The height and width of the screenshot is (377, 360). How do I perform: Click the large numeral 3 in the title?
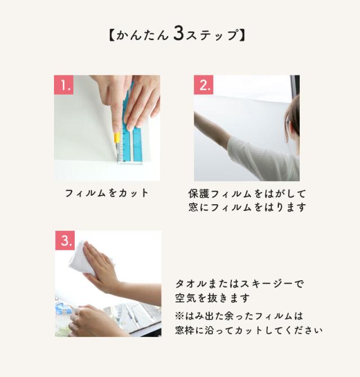point(178,34)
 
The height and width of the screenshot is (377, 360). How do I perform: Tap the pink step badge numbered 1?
point(64,84)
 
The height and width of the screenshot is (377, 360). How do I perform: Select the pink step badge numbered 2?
point(204,84)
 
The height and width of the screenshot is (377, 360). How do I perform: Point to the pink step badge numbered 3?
point(65,240)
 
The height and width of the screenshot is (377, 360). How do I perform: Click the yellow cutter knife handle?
point(117,138)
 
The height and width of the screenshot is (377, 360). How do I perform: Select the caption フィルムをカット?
point(107,193)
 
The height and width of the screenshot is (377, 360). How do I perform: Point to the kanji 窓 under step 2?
point(193,207)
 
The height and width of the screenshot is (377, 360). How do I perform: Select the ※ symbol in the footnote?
point(179,316)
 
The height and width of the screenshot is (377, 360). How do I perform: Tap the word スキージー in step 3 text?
point(266,284)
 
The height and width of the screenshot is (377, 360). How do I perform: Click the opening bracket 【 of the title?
point(111,35)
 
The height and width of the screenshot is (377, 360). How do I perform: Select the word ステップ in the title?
point(212,35)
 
